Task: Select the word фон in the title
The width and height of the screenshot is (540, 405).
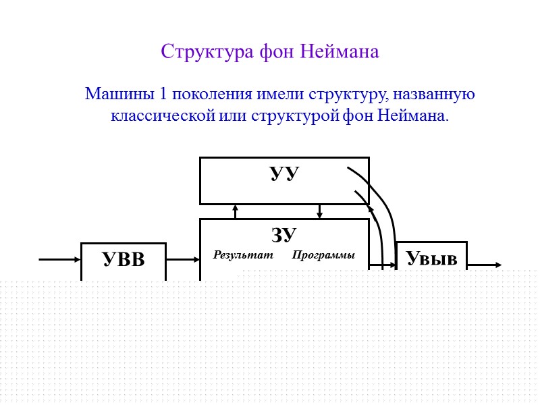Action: point(276,51)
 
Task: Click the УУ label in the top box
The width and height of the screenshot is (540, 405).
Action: point(284,173)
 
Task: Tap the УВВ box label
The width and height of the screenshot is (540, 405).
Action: point(124,259)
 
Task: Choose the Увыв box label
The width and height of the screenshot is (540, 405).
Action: point(431,258)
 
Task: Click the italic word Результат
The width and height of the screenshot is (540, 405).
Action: point(243,255)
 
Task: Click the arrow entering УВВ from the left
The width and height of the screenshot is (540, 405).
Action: point(60,259)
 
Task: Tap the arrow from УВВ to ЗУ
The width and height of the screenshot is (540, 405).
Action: point(182,259)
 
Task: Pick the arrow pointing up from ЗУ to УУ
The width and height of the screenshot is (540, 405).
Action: point(235,211)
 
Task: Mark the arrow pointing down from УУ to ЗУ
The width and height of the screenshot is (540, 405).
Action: point(320,211)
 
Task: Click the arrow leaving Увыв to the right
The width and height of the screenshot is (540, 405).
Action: point(485,265)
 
